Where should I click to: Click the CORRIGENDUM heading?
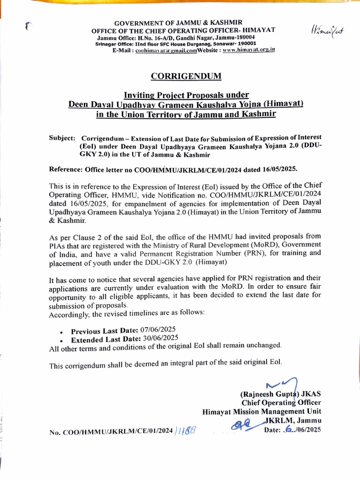click(x=186, y=76)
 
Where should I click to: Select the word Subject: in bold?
click(x=62, y=138)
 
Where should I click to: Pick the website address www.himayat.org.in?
click(x=249, y=49)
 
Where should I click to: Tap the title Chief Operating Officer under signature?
click(x=281, y=403)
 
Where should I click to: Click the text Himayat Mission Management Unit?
click(x=262, y=412)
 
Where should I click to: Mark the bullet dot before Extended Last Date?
click(x=61, y=340)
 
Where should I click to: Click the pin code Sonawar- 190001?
click(x=236, y=43)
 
